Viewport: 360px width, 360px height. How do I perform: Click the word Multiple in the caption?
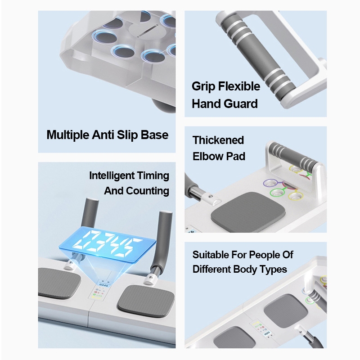pyautogui.click(x=67, y=135)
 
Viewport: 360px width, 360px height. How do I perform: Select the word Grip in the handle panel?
pyautogui.click(x=203, y=86)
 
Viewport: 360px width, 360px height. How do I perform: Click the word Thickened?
pyautogui.click(x=218, y=140)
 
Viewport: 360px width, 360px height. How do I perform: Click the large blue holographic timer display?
pyautogui.click(x=108, y=244)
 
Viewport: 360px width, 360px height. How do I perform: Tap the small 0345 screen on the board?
pyautogui.click(x=103, y=285)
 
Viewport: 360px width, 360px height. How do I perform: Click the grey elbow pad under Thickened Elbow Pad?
pyautogui.click(x=248, y=211)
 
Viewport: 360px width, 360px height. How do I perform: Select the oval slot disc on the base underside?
pyautogui.click(x=147, y=31)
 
